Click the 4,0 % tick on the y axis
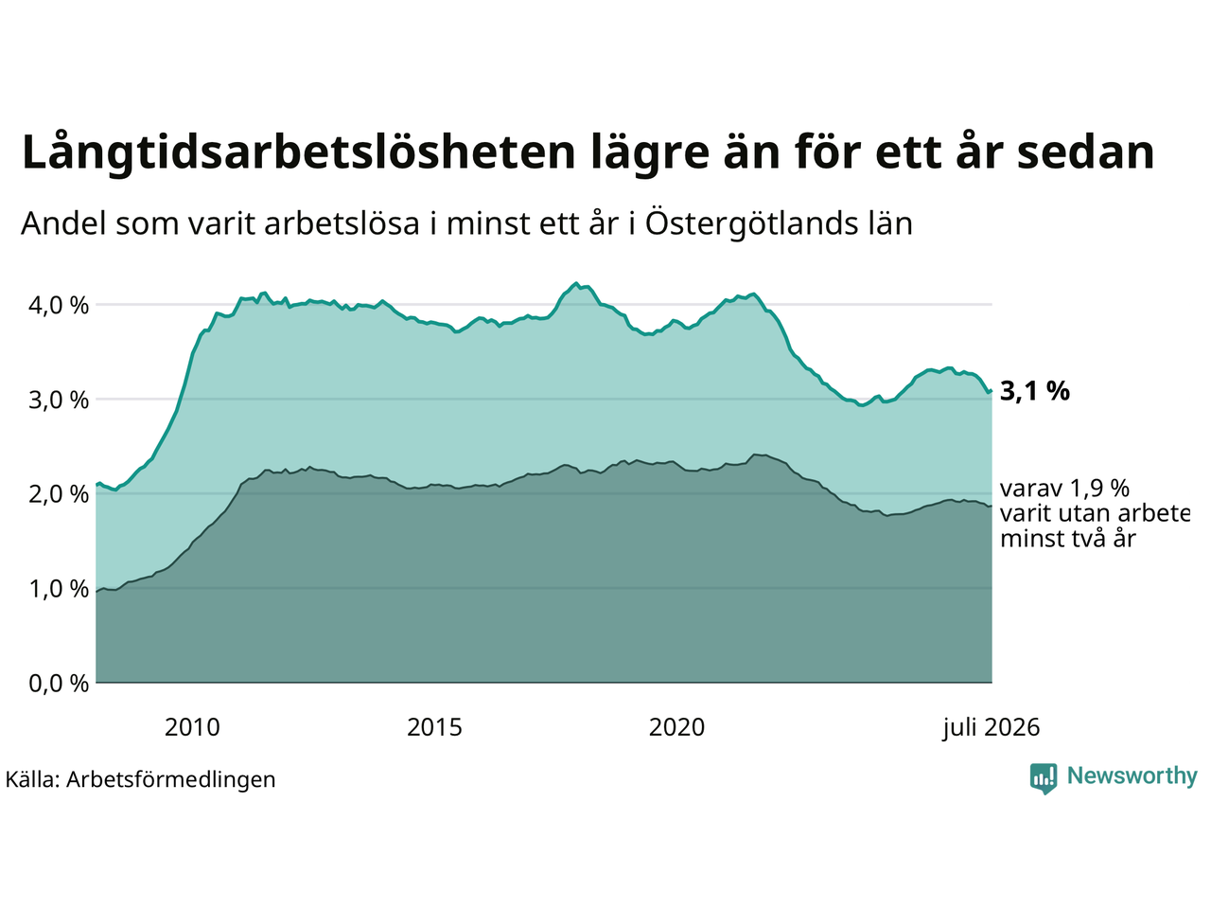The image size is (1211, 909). click(59, 305)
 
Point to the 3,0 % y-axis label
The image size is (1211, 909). click(59, 401)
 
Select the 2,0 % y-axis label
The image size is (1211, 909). click(59, 494)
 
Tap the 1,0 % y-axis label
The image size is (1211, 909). click(59, 590)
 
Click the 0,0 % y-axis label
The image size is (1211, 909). click(59, 684)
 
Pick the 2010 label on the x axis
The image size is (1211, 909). click(192, 728)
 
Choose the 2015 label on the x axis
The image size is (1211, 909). click(434, 728)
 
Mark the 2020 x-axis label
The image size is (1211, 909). click(676, 728)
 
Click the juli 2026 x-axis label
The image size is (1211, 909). click(991, 728)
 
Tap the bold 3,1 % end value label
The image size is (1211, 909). click(1034, 391)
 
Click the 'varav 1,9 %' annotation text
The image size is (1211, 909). click(1064, 489)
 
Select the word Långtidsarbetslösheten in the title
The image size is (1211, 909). click(298, 152)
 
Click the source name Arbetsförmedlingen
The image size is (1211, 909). click(170, 780)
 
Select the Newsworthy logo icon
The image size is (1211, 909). click(1044, 778)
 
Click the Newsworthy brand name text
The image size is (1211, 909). click(1132, 776)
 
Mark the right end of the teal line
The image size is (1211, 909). click(992, 391)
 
